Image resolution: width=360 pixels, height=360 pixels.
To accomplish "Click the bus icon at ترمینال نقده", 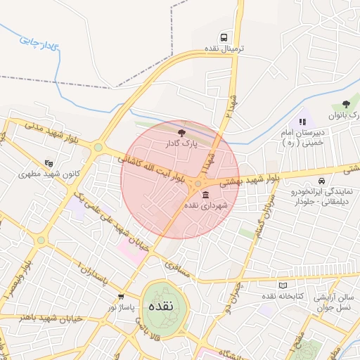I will [224, 37].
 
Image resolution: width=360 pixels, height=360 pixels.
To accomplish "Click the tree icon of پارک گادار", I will [181, 131].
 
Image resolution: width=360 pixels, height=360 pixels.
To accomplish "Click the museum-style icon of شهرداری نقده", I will [205, 194].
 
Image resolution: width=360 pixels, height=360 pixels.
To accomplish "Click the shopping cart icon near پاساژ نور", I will [122, 297].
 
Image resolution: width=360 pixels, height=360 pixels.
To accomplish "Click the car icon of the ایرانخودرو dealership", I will [322, 180].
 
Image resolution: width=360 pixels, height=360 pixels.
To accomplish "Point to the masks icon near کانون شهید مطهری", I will [49, 162].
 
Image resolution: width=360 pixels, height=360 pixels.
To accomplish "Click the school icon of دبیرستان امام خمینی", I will [303, 121].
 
